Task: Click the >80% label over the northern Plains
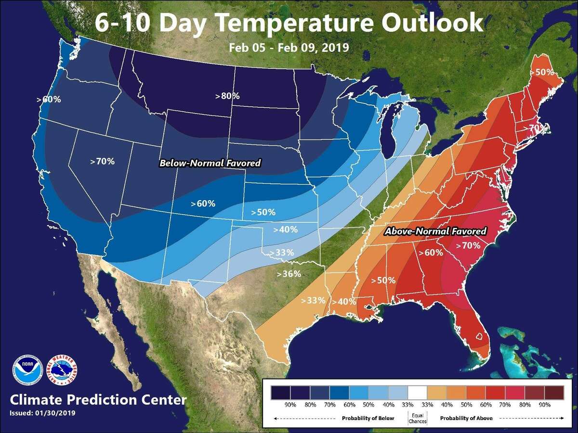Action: click(227, 96)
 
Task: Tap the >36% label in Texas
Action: click(289, 274)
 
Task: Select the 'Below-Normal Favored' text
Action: click(210, 164)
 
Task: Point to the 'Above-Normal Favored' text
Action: click(435, 231)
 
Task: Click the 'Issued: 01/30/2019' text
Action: click(42, 413)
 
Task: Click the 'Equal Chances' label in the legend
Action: click(417, 418)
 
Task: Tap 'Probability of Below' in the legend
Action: click(368, 418)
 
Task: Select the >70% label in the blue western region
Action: click(103, 161)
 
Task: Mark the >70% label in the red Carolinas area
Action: click(468, 245)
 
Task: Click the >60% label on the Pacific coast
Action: click(49, 100)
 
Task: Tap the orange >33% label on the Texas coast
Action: click(313, 300)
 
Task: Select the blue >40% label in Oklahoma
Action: click(285, 229)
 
